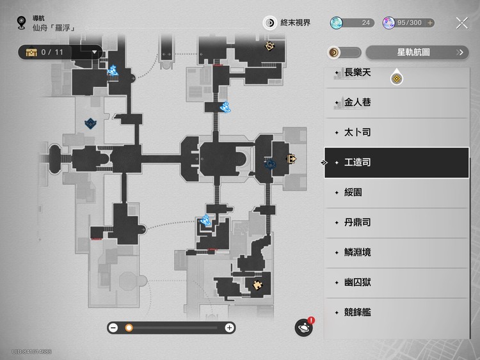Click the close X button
pos(462,23)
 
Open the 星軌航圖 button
pos(417,52)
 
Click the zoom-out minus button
pos(113,328)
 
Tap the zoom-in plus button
pos(229,328)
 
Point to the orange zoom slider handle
pos(129,328)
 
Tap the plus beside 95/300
pos(430,23)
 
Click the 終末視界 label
pos(294,23)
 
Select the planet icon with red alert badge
pos(303,327)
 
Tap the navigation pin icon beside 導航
pos(22,24)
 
